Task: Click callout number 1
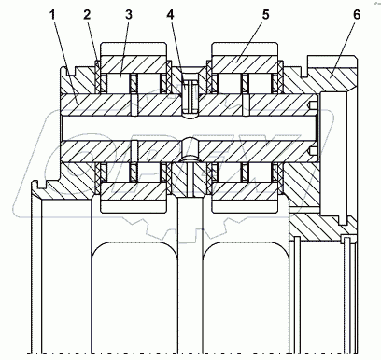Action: (x=53, y=15)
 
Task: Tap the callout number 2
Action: (x=87, y=15)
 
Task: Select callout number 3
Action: (x=129, y=15)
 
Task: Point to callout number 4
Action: (x=170, y=15)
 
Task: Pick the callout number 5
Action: (x=265, y=15)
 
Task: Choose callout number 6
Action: (x=357, y=15)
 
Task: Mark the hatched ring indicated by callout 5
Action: (x=245, y=64)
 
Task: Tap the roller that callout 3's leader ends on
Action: (x=119, y=83)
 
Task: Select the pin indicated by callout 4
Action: (x=190, y=97)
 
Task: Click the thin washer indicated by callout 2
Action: (x=97, y=76)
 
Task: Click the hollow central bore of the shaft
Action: (x=190, y=128)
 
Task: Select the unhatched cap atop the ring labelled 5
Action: (x=245, y=49)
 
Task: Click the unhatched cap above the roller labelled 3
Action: (x=134, y=49)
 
